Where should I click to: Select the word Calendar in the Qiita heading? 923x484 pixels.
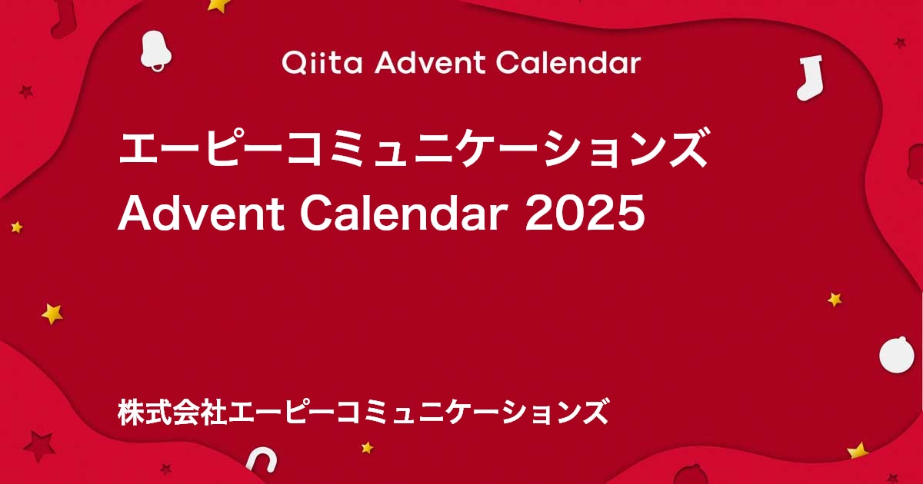pos(568,62)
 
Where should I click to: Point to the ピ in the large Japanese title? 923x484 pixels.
pos(229,150)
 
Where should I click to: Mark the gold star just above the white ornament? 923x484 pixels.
pos(835,299)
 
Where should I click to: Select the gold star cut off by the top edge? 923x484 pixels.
pos(219,5)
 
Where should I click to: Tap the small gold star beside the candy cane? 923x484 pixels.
pos(367,447)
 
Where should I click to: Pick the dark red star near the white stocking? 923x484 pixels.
pos(900,43)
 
